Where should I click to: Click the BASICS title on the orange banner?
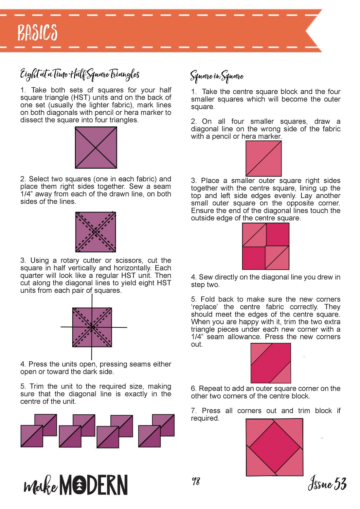[38, 32]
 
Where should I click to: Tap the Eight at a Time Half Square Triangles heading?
[80, 75]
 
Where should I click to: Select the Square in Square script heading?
[217, 76]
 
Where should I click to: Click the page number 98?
[196, 481]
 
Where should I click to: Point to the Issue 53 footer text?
[327, 482]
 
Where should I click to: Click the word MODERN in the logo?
[94, 485]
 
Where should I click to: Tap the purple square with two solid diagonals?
[96, 148]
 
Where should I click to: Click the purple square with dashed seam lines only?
[96, 232]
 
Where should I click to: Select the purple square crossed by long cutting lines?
[92, 327]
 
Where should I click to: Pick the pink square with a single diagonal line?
[263, 158]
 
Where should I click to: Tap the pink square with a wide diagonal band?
[271, 363]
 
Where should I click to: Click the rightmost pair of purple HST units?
[156, 431]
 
